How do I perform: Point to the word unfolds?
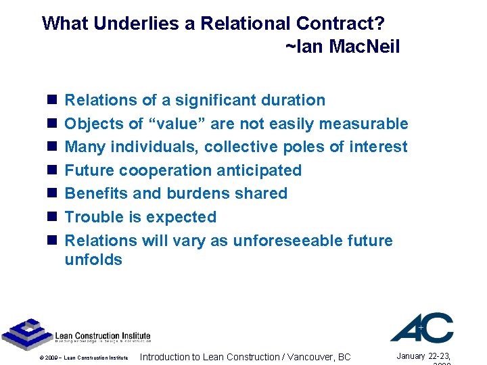93,260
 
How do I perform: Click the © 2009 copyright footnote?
84,358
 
